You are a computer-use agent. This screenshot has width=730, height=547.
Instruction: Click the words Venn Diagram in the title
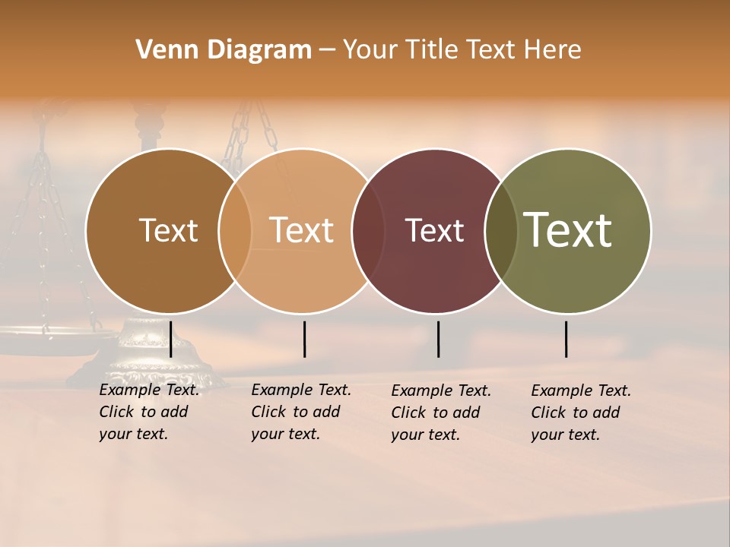224,50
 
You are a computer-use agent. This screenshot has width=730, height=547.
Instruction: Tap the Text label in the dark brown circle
168,230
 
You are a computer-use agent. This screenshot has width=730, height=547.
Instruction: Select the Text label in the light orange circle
301,230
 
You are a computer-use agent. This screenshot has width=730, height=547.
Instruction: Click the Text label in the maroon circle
434,230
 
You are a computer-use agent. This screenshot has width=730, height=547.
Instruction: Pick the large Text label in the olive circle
567,229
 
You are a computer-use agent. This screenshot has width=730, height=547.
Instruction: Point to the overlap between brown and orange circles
235,231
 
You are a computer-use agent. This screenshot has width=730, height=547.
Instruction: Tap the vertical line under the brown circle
171,339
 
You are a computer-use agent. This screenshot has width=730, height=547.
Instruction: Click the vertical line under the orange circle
304,339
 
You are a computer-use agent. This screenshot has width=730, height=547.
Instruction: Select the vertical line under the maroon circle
438,339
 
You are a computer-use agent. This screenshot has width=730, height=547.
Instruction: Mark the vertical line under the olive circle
567,339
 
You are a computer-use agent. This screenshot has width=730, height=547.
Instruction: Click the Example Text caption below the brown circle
149,412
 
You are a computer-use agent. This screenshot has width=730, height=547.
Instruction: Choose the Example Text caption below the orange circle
301,412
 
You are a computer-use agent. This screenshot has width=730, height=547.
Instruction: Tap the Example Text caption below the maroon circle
441,413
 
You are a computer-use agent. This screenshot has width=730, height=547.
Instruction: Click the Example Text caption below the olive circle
581,413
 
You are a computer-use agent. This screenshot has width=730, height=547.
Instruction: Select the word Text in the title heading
490,50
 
